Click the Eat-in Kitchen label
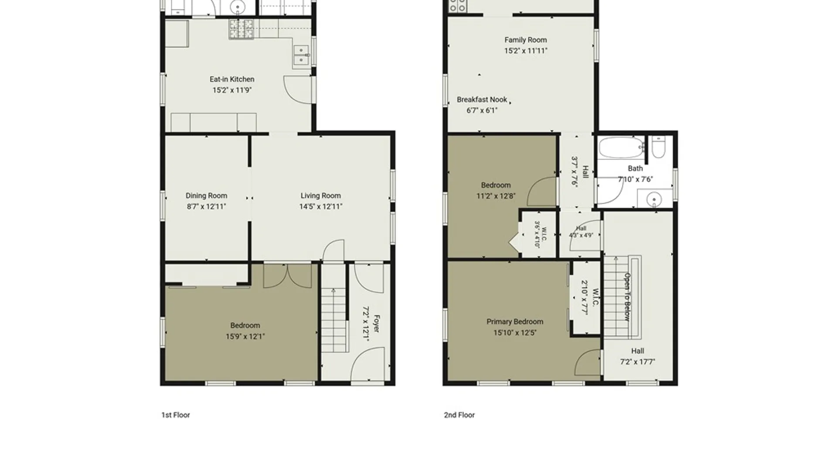[x=232, y=79]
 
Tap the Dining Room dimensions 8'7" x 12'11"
[x=206, y=207]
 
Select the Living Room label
[x=320, y=196]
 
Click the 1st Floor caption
[x=176, y=415]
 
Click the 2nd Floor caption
[x=459, y=415]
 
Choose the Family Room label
[x=526, y=40]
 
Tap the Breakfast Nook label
[x=482, y=100]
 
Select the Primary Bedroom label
[x=515, y=322]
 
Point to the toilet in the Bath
[x=658, y=147]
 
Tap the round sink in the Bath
[x=654, y=200]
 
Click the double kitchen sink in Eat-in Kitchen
[x=301, y=55]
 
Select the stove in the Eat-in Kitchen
[x=241, y=29]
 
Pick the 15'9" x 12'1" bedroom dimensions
[x=245, y=337]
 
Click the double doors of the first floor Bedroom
[x=288, y=276]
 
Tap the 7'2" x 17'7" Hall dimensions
[x=637, y=362]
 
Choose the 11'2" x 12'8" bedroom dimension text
[x=496, y=196]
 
